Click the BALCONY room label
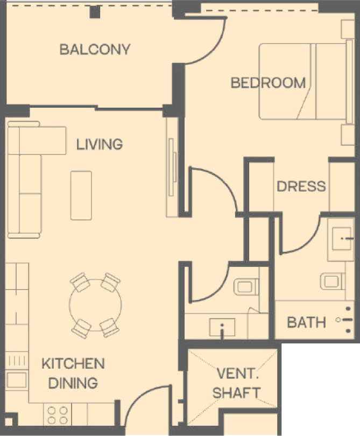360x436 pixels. point(95,50)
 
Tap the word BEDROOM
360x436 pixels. point(269,83)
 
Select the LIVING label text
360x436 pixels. point(100,144)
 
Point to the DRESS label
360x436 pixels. point(301,186)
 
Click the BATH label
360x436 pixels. point(306,322)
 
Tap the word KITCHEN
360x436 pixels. point(73,364)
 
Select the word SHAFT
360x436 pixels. point(236,393)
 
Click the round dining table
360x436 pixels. point(95,305)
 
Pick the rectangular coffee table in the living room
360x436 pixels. point(81,195)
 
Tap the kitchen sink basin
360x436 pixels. point(17,380)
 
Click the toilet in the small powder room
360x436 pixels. point(246,287)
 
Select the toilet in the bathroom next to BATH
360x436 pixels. point(333,281)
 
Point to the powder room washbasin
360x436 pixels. point(222,327)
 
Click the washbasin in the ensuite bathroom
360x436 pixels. point(342,238)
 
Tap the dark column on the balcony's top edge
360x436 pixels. point(95,12)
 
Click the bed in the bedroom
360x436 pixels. point(306,81)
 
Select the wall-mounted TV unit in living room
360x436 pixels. point(172,167)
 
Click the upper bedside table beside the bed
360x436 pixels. point(348,29)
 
